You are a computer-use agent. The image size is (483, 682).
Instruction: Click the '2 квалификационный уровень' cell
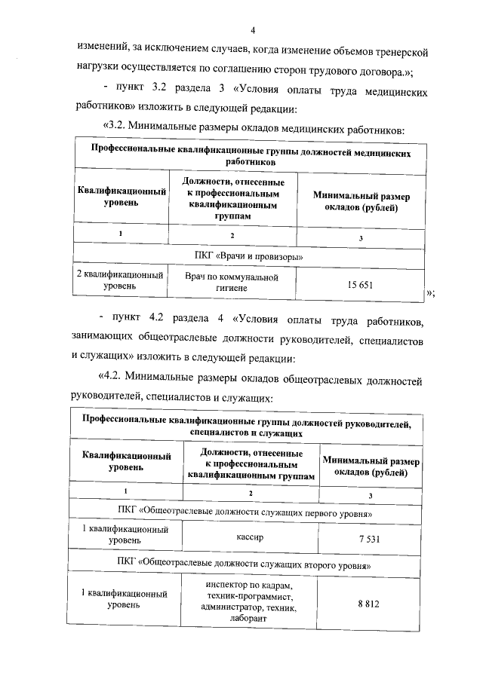click(121, 281)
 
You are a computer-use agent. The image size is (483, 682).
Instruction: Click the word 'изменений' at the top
click(106, 51)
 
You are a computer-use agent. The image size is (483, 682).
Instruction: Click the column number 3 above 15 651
click(361, 237)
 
